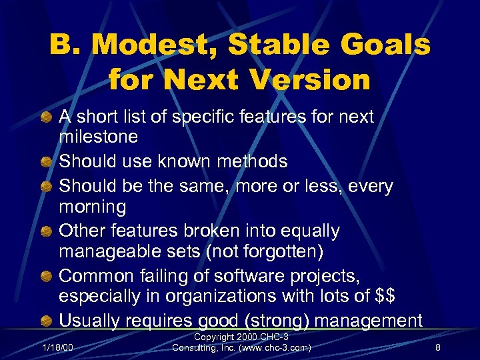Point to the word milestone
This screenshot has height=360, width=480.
coord(99,137)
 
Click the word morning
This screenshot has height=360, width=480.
coord(93,207)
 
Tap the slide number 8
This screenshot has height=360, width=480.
coord(437,346)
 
